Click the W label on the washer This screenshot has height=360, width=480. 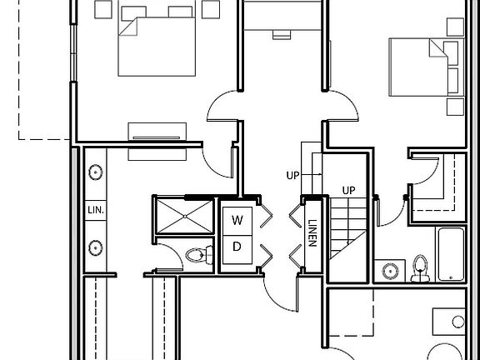237,220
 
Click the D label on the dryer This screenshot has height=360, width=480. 237,247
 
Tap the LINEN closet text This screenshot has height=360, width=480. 312,233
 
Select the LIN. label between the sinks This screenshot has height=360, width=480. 96,210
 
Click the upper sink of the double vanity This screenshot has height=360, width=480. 96,172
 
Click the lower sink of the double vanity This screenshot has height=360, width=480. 96,247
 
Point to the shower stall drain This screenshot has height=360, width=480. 185,217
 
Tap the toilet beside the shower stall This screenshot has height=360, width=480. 200,255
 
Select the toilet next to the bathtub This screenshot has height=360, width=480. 420,269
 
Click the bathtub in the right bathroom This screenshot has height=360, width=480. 451,254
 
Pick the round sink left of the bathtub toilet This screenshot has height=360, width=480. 390,271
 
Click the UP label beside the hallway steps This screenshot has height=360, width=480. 292,175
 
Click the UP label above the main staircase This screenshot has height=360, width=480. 348,191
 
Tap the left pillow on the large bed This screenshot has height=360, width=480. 134,14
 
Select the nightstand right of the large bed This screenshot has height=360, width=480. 211,9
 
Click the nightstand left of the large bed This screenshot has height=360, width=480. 103,9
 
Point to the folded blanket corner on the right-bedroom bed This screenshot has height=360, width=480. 437,49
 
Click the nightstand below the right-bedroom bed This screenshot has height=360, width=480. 455,107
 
